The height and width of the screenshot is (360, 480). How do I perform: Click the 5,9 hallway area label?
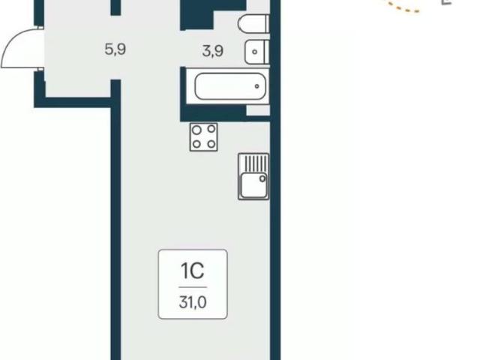point(115,49)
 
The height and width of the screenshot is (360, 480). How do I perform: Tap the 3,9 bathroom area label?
point(212,51)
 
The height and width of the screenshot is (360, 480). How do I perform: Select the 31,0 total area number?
point(193,302)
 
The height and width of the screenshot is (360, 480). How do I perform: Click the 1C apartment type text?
point(193,271)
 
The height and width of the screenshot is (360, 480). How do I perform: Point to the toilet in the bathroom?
point(253,24)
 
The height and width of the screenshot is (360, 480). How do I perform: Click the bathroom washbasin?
point(256,52)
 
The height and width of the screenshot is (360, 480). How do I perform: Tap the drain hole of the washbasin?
point(254,52)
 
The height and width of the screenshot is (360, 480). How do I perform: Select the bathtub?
point(230,86)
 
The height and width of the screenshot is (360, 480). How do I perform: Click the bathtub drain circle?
point(256,86)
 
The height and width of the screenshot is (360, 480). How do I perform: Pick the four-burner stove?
point(203,137)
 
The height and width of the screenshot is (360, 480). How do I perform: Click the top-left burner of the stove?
point(196,130)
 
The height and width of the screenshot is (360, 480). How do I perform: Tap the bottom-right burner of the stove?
point(211,143)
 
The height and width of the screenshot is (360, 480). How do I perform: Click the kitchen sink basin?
point(253,185)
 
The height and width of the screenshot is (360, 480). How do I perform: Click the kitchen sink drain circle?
point(262,178)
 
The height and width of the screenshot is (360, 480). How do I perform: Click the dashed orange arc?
point(405,9)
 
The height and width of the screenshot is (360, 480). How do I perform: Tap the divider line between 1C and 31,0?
point(193,287)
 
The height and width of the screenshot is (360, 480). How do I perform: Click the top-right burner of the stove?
point(211,129)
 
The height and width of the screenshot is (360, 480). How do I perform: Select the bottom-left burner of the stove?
point(196,144)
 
